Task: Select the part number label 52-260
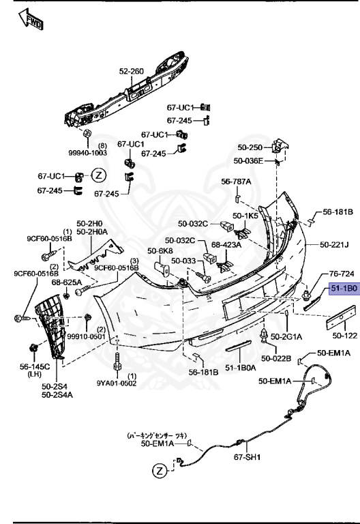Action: (132, 71)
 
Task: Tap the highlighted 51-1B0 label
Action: (344, 289)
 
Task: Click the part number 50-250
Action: (250, 147)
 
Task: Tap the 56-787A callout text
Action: (236, 181)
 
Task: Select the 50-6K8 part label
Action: (163, 251)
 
